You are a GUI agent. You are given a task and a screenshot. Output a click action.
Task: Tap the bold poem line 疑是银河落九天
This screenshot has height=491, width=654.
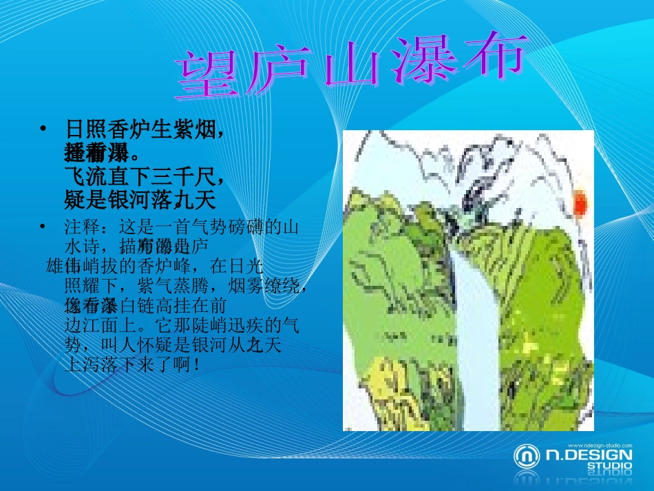(x=140, y=200)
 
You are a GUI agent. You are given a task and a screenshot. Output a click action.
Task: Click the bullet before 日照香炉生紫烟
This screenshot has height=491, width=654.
(x=43, y=128)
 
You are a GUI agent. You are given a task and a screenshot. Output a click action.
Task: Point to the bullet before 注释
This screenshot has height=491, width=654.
(x=43, y=226)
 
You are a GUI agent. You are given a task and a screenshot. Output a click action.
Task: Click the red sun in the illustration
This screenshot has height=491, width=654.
(x=580, y=203)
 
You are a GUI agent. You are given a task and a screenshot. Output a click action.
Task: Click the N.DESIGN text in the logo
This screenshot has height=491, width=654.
(x=589, y=455)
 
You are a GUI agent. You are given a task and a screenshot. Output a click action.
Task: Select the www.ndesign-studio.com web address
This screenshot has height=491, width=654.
(x=598, y=445)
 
